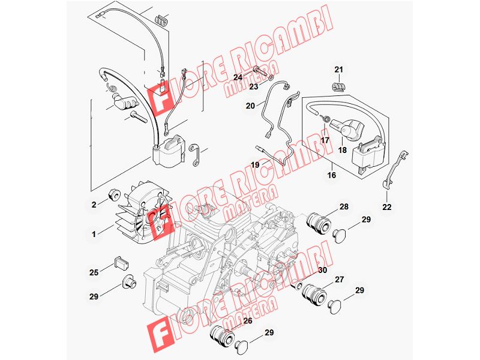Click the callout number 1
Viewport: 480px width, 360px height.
[94, 234]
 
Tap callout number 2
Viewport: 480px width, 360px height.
[94, 205]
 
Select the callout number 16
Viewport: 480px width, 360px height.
[332, 175]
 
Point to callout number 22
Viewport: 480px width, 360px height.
[387, 207]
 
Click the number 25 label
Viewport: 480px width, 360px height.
[94, 272]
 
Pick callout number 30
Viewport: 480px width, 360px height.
[322, 270]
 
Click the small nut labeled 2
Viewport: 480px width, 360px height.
[113, 194]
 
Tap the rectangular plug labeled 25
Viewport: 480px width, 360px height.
[122, 263]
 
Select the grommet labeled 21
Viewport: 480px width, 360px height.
[338, 86]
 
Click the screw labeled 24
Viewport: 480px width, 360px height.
[259, 73]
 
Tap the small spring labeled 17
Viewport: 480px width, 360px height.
[326, 118]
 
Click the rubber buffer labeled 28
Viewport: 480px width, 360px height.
[319, 224]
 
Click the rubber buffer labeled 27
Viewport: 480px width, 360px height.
[314, 293]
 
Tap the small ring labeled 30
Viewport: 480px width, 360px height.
[296, 286]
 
